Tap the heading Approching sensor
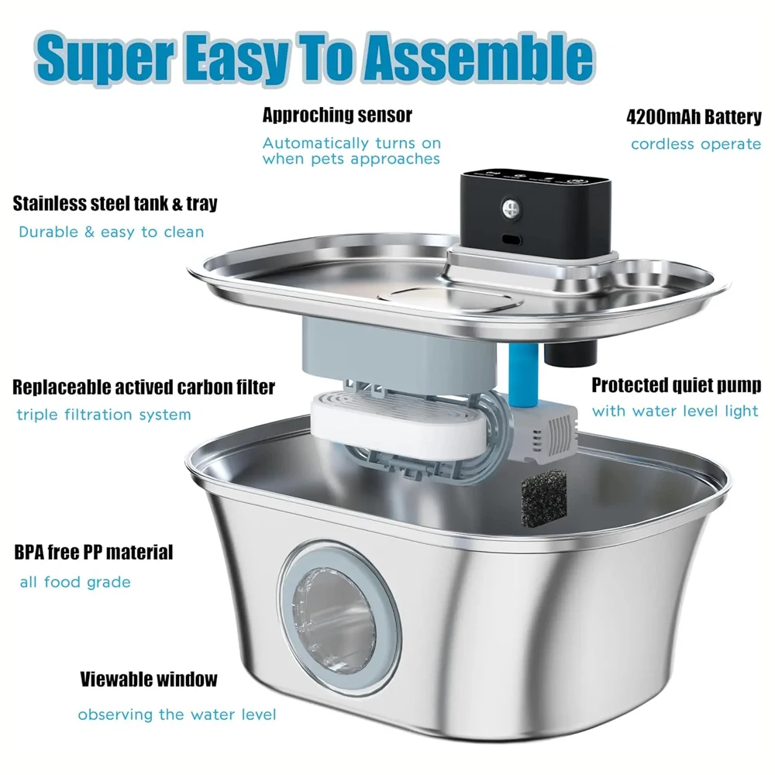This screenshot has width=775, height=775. (x=337, y=115)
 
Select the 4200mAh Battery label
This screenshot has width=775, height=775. (x=694, y=117)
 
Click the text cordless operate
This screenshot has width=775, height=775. (x=696, y=144)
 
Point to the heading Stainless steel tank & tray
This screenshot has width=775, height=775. (x=115, y=203)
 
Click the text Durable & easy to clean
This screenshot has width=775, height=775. (x=111, y=232)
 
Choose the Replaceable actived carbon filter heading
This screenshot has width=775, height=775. (x=144, y=387)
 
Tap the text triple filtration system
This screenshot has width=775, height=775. (x=104, y=414)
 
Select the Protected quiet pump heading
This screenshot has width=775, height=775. (x=676, y=385)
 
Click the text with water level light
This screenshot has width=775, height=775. (x=675, y=412)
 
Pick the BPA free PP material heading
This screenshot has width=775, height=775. (x=94, y=552)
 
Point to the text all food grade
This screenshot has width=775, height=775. (x=75, y=582)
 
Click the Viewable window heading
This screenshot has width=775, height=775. (x=149, y=679)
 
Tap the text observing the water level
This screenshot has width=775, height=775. (x=177, y=715)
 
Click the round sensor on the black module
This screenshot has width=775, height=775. (x=511, y=208)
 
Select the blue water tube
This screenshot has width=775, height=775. (x=523, y=374)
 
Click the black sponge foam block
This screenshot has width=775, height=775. (x=543, y=498)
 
